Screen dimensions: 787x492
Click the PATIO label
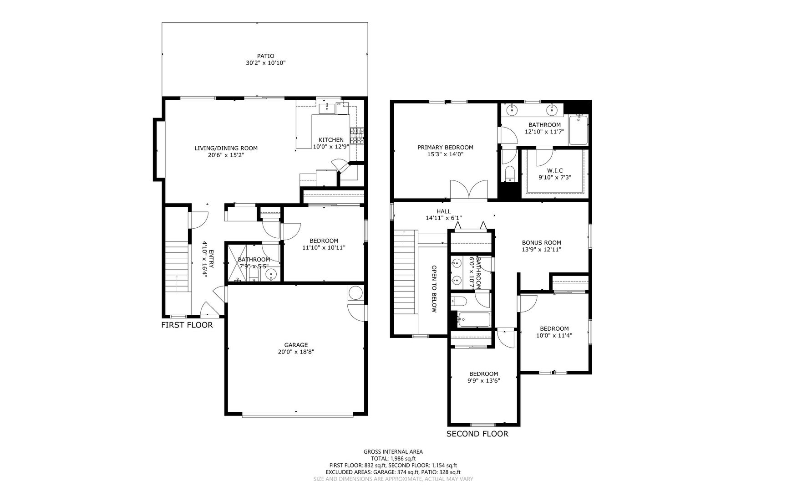click(265, 56)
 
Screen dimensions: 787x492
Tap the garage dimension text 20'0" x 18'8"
click(296, 352)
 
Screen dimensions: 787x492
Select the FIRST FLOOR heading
click(187, 325)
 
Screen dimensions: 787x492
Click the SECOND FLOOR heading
click(477, 434)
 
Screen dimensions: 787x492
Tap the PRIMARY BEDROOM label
click(445, 147)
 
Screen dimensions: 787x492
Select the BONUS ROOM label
click(541, 242)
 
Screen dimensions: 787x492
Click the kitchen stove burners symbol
click(357, 136)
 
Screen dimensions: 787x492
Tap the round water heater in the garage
click(355, 293)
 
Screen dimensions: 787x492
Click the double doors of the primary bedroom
click(469, 190)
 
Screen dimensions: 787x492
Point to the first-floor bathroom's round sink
click(271, 274)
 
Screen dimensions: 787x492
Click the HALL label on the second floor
click(443, 211)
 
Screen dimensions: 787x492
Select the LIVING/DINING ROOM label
click(226, 148)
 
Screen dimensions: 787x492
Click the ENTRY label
click(211, 262)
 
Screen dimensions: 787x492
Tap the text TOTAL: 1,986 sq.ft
click(393, 459)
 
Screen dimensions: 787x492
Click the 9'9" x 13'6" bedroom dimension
click(483, 380)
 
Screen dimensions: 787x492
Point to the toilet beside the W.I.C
click(510, 173)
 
